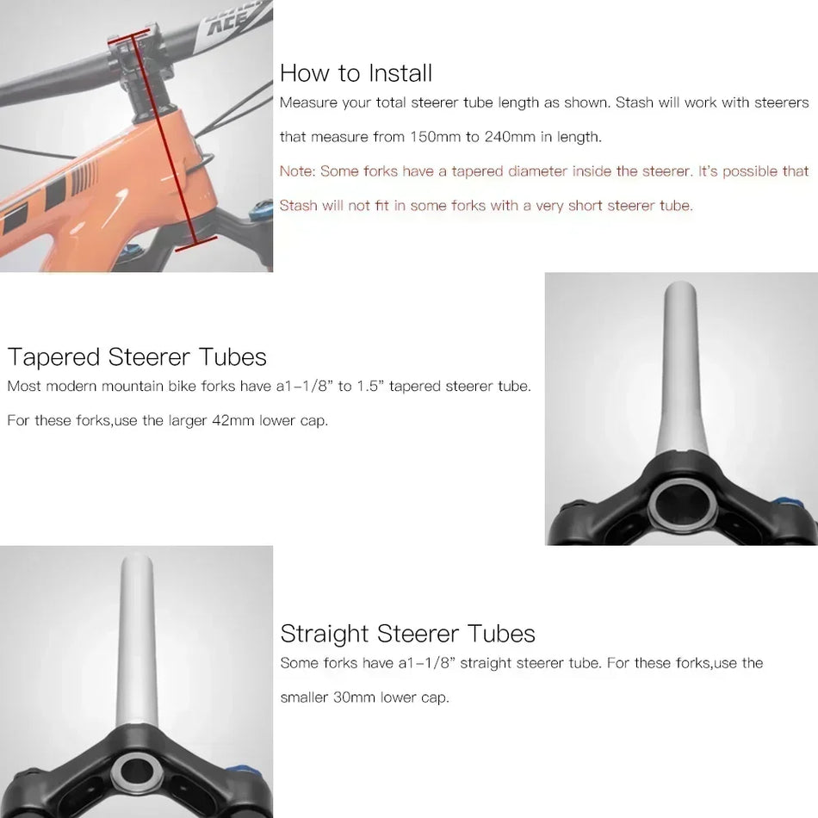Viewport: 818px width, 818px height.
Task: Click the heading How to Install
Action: coord(356,73)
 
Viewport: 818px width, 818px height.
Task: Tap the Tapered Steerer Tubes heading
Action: coord(137,356)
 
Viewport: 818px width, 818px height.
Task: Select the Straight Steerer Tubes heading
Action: coord(407,634)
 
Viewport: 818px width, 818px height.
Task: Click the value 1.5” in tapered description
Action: coord(369,386)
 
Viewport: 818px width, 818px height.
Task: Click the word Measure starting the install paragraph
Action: coord(307,103)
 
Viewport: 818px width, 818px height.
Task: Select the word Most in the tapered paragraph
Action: coord(23,386)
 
